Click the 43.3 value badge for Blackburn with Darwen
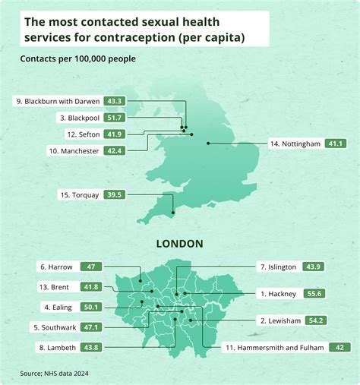[115, 101]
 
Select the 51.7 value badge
[115, 118]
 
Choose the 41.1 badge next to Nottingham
[335, 144]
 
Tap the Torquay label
[79, 195]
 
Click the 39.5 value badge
[115, 195]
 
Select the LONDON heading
[179, 244]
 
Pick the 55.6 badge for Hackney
[314, 293]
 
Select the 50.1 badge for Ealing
[93, 308]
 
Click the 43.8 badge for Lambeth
[91, 347]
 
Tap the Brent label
[57, 287]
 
